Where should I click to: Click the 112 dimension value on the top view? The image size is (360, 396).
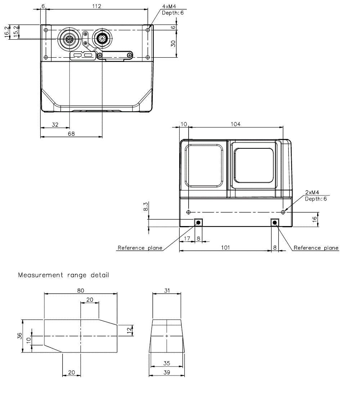(97, 6)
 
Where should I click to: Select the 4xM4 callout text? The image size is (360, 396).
(169, 7)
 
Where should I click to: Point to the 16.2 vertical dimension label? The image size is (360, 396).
(7, 31)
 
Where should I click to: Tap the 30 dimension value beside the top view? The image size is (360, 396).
(173, 43)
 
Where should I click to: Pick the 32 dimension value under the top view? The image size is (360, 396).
(55, 125)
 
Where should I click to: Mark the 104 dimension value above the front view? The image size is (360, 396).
(235, 124)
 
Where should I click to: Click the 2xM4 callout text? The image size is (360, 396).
(312, 193)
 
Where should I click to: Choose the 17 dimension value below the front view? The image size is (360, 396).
(187, 238)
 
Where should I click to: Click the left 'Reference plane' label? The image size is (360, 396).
(140, 248)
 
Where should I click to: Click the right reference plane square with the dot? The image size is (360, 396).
(275, 223)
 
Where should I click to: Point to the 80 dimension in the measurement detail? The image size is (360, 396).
(80, 290)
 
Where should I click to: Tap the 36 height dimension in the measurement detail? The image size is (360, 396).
(19, 336)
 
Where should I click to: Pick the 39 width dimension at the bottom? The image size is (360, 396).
(167, 372)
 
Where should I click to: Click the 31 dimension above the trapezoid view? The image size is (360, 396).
(167, 290)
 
